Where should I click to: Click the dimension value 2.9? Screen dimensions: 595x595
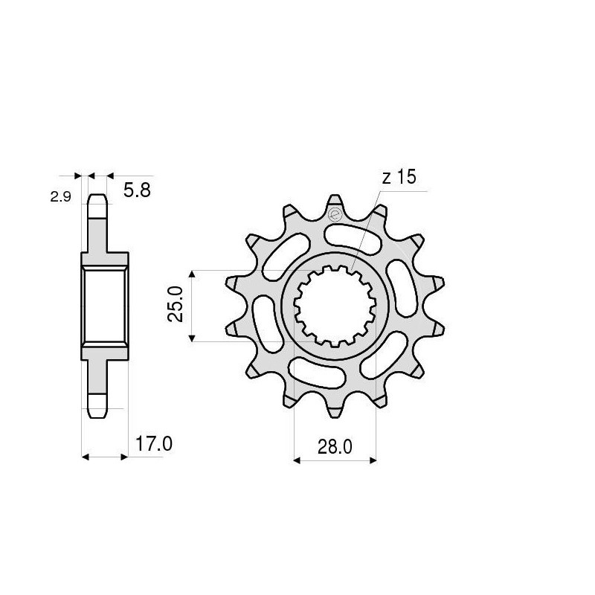[59, 198]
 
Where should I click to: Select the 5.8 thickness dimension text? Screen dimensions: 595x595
[137, 191]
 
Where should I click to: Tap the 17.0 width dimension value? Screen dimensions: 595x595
[154, 445]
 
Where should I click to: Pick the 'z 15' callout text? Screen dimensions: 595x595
[400, 178]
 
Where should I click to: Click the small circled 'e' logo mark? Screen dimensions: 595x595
[334, 215]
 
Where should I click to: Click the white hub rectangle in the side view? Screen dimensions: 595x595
[103, 306]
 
